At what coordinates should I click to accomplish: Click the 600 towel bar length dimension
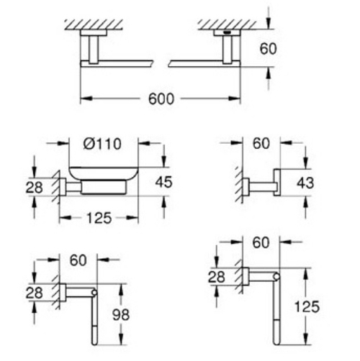point(162,99)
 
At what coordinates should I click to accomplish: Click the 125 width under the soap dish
point(97,218)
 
